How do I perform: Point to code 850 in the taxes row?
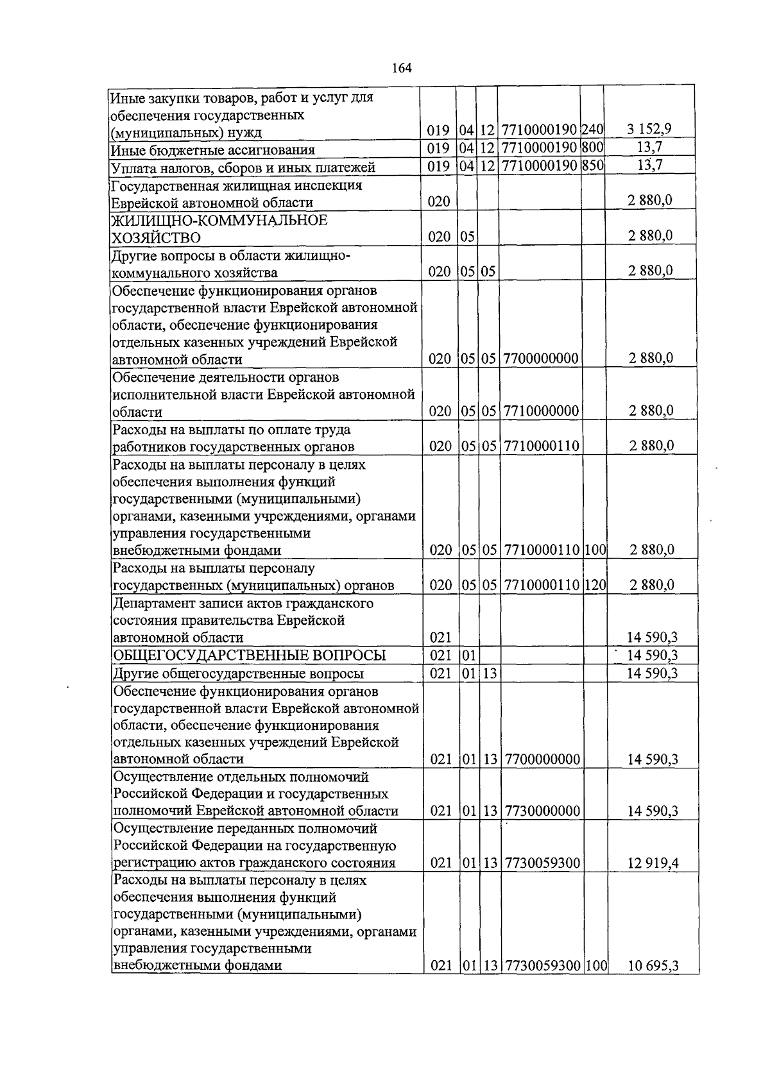coord(594,167)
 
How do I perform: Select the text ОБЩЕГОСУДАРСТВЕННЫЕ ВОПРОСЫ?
coord(250,655)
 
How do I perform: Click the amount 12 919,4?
coord(653,863)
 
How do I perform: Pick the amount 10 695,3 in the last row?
coord(653,966)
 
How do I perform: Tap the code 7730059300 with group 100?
coord(542,966)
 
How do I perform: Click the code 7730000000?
coord(542,811)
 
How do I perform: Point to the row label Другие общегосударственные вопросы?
coord(238,673)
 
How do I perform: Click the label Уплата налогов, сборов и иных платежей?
coord(243,167)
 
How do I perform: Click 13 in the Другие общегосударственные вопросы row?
coord(490,673)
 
